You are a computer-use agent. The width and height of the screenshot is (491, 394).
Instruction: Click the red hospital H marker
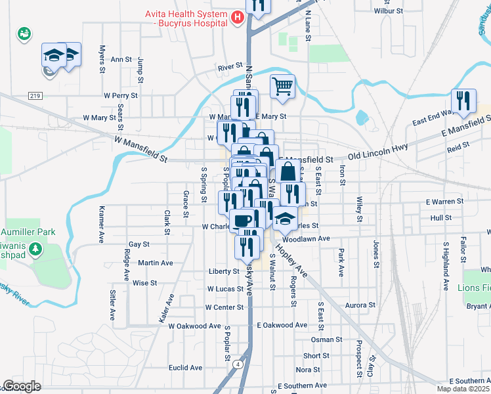[x=238, y=18]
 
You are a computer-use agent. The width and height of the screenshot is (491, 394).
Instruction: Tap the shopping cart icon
[x=282, y=86]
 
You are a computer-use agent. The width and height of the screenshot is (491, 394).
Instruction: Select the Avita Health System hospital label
[x=185, y=18]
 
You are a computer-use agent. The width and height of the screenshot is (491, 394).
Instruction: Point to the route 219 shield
[x=35, y=95]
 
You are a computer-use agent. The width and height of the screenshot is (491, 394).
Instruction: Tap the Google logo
[x=21, y=386]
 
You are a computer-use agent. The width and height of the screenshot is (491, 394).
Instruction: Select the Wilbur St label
[x=387, y=11]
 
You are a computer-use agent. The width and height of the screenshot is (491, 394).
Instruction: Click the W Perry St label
[x=121, y=95]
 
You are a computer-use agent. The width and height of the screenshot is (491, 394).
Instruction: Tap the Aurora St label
[x=360, y=305]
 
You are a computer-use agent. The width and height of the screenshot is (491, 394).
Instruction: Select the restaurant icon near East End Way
[x=463, y=100]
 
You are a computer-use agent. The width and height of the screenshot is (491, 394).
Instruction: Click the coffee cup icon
[x=243, y=219]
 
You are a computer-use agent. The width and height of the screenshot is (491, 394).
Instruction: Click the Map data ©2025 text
[x=463, y=389]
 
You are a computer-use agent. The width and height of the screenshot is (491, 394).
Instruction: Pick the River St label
[x=231, y=67]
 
